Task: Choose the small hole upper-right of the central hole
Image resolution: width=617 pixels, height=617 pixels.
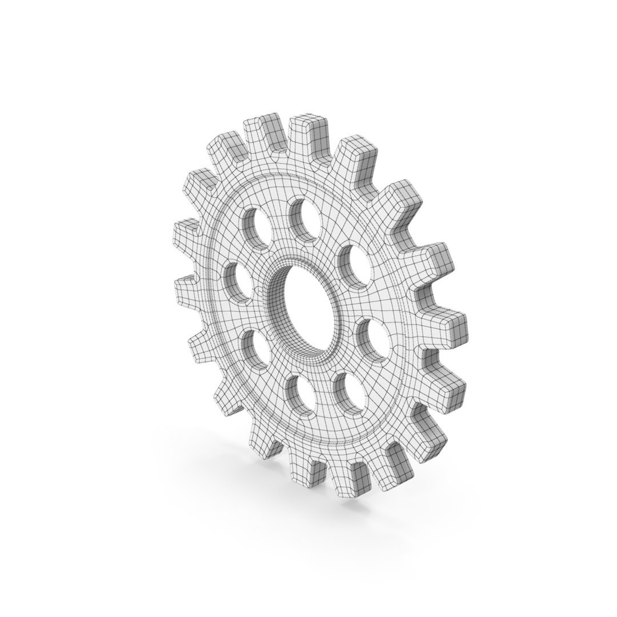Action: pos(354,263)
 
